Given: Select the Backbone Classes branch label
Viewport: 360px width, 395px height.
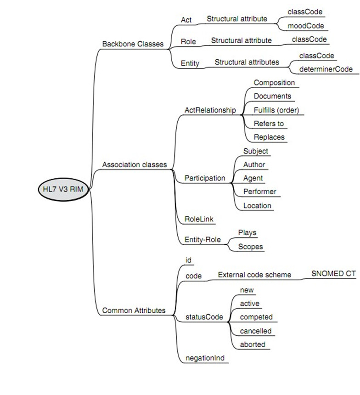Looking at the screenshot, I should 132,44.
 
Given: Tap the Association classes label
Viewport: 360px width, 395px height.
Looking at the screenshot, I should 134,164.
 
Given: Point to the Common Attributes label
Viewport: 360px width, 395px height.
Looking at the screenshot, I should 134,310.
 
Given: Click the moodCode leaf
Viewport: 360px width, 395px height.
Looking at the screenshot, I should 305,26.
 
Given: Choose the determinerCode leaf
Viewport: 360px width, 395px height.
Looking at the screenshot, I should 326,69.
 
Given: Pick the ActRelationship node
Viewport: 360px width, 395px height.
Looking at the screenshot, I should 210,110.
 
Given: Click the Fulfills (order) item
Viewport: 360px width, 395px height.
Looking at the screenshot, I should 279,110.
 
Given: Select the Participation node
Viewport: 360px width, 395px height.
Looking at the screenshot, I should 205,178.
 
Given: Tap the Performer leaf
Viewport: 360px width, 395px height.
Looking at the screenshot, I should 260,192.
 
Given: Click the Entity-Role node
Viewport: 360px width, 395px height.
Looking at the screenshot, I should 202,239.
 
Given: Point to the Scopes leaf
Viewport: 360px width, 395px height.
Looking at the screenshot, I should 250,247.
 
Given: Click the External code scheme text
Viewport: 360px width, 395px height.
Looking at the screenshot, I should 254,275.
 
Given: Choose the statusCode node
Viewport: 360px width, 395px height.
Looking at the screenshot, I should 204,317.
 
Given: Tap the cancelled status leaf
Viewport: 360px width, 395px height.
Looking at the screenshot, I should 256,331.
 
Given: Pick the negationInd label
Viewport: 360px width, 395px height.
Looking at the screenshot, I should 204,358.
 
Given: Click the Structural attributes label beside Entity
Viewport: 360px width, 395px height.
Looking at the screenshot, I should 247,62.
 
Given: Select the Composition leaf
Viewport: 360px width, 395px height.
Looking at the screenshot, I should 274,83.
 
